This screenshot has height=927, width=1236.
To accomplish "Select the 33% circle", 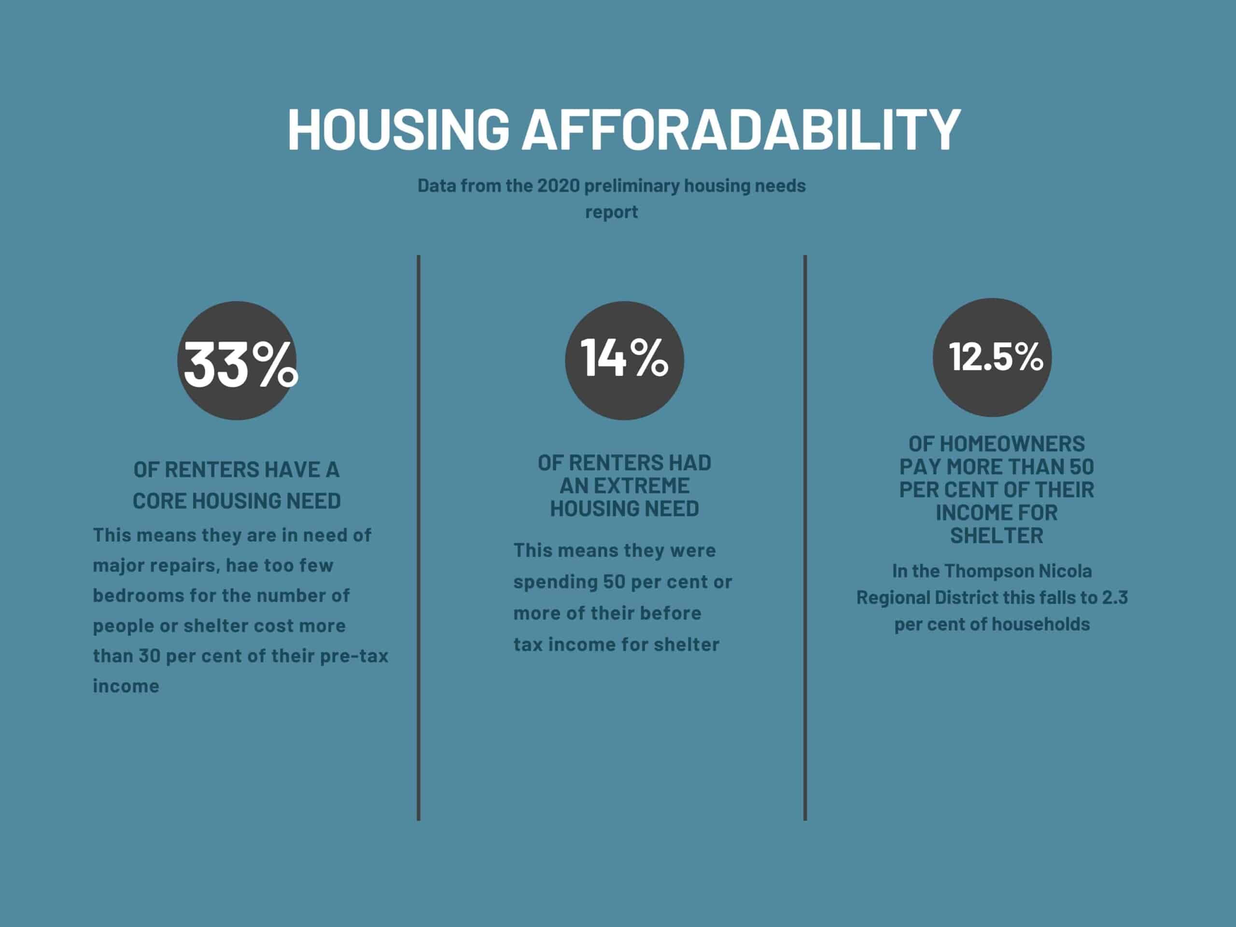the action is tap(237, 360).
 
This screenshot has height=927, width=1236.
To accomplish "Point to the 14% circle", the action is tap(624, 360).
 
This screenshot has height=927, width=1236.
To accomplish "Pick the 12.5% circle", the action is tap(992, 357).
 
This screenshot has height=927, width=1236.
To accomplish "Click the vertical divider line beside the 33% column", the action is tap(419, 537).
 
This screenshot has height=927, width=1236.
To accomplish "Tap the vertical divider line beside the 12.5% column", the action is tap(805, 537).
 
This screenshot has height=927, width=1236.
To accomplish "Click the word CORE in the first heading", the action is tap(160, 501).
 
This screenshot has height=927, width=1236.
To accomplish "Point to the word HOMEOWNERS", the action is tap(997, 444).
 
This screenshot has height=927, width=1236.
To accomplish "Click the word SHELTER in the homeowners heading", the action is tap(997, 535).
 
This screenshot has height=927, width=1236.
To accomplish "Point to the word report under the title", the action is tap(611, 212).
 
